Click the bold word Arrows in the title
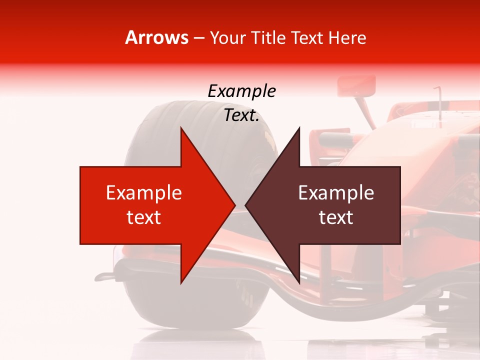point(157,37)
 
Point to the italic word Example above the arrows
point(241,91)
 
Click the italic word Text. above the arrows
point(241,115)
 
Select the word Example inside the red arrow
point(144,193)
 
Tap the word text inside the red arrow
point(144,217)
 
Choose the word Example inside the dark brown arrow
point(336,193)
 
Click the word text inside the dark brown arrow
point(336,217)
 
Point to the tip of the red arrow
point(234,205)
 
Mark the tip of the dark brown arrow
point(246,205)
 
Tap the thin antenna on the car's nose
point(439,102)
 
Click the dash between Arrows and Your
point(198,38)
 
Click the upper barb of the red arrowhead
point(181,129)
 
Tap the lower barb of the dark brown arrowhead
point(299,282)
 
